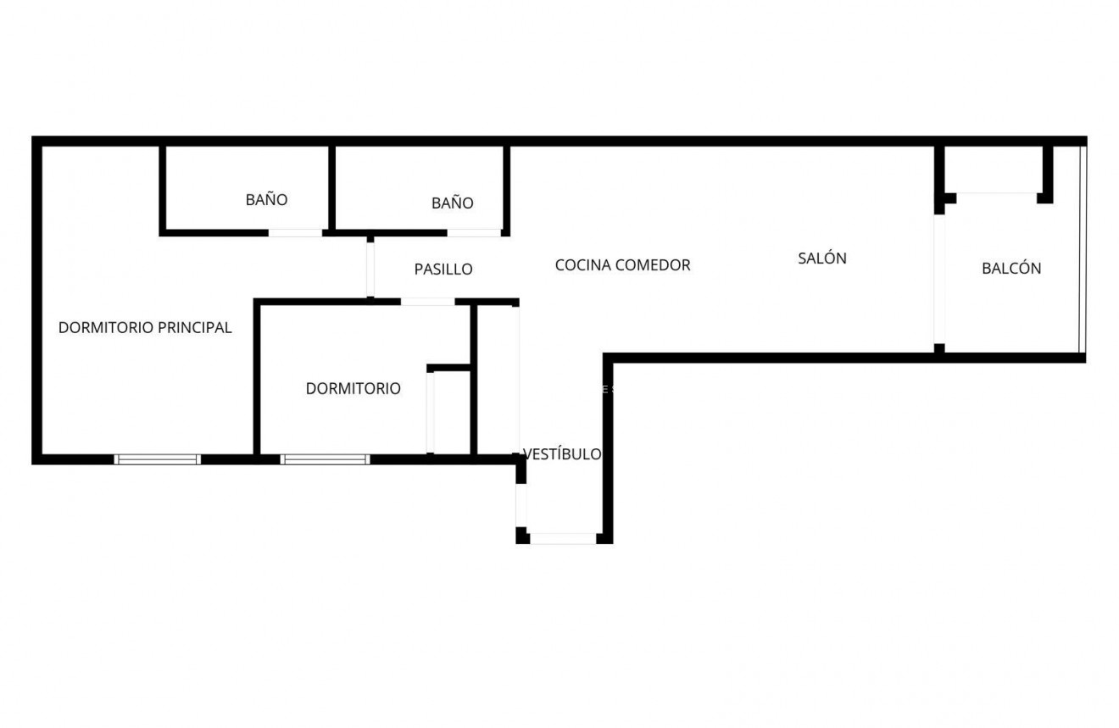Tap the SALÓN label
click(x=822, y=258)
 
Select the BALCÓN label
click(x=1011, y=269)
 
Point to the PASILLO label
click(x=443, y=270)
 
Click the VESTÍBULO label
click(x=562, y=454)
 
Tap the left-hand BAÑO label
click(x=267, y=200)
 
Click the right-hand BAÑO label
click(x=453, y=203)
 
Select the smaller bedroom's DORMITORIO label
click(x=353, y=389)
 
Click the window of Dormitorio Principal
click(x=158, y=459)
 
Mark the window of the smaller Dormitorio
click(x=325, y=459)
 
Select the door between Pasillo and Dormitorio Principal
click(x=370, y=268)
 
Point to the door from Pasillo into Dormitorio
click(x=427, y=302)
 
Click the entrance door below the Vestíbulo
click(x=562, y=538)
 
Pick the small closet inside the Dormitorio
click(x=450, y=412)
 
